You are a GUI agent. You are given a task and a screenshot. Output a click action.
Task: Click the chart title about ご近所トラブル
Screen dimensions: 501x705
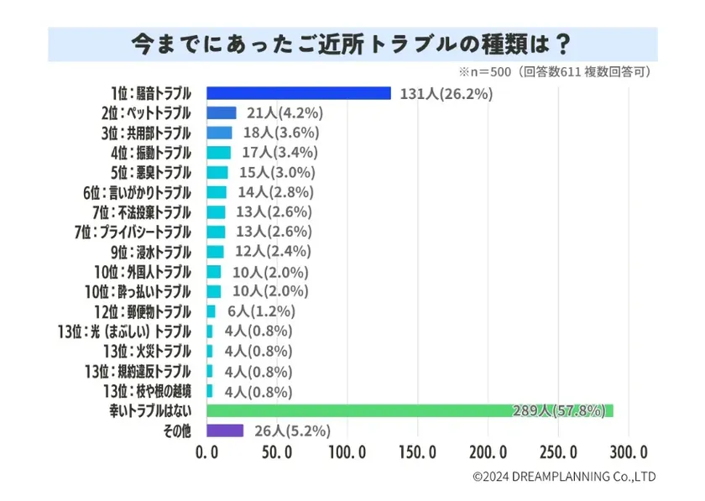click(352, 43)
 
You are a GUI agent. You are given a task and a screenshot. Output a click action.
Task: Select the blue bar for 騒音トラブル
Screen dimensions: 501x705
click(298, 93)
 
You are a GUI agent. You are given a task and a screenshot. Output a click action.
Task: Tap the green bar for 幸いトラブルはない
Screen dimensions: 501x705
click(410, 411)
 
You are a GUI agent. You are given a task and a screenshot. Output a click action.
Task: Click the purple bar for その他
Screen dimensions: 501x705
click(224, 431)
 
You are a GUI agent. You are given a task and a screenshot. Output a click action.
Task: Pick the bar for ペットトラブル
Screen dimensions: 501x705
click(221, 113)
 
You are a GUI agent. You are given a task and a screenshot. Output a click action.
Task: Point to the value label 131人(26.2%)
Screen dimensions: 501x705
click(445, 93)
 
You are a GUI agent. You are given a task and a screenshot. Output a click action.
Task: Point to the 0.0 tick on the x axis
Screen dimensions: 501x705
click(206, 454)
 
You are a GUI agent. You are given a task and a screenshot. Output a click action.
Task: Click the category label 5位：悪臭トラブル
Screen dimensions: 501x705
click(151, 173)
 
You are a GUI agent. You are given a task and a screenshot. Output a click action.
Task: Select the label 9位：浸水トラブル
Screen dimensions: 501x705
click(151, 252)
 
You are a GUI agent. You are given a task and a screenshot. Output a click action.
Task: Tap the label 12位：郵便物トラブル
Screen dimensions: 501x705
click(147, 312)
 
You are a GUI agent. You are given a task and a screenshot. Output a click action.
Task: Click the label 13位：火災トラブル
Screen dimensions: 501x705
click(147, 352)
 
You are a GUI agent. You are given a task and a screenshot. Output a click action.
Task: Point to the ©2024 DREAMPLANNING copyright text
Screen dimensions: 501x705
click(564, 477)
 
